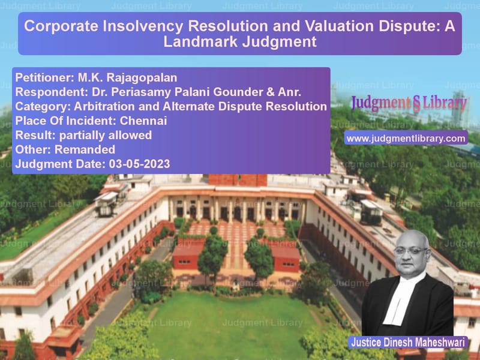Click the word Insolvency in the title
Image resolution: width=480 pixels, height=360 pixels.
(x=143, y=26)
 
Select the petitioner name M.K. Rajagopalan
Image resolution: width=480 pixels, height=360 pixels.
(x=127, y=78)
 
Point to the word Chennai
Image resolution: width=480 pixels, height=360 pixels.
(x=143, y=121)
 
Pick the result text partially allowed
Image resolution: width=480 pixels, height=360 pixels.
(x=106, y=136)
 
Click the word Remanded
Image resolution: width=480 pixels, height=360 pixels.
(x=85, y=149)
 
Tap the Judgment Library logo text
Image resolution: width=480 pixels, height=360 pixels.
(x=409, y=103)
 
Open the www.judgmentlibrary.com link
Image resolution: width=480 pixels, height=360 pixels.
(x=406, y=139)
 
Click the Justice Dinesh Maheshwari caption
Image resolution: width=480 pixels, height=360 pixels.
(x=408, y=342)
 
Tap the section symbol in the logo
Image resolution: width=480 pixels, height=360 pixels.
(x=416, y=104)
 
